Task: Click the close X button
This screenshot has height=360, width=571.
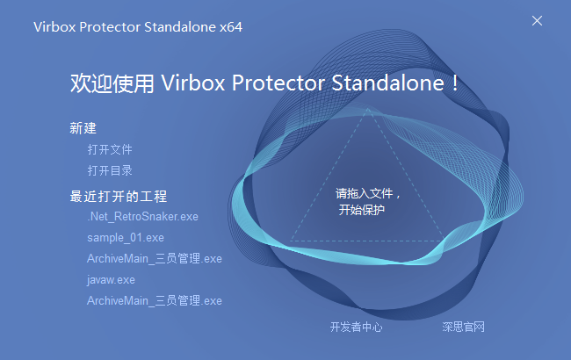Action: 538,20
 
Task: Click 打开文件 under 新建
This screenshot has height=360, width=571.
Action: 110,149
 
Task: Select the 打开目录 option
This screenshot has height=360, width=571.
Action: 110,170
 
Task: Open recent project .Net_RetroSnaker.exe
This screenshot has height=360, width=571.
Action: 143,216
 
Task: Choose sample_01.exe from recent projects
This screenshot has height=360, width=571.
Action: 126,237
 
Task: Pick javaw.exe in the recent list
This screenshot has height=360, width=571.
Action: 111,279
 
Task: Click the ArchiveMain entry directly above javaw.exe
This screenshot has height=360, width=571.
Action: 155,258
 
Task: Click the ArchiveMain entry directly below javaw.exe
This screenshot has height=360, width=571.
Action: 155,300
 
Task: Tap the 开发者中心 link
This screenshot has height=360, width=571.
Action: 356,327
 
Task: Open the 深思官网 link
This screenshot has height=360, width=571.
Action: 464,327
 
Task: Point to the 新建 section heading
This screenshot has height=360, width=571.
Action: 83,128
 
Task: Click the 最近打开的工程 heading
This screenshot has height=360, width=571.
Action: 118,196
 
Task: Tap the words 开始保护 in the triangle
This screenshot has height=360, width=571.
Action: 362,210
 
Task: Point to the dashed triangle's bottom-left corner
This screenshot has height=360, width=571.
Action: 291,241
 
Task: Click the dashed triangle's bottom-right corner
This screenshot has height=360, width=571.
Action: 444,241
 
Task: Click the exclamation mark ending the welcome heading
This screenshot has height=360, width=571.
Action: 454,84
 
